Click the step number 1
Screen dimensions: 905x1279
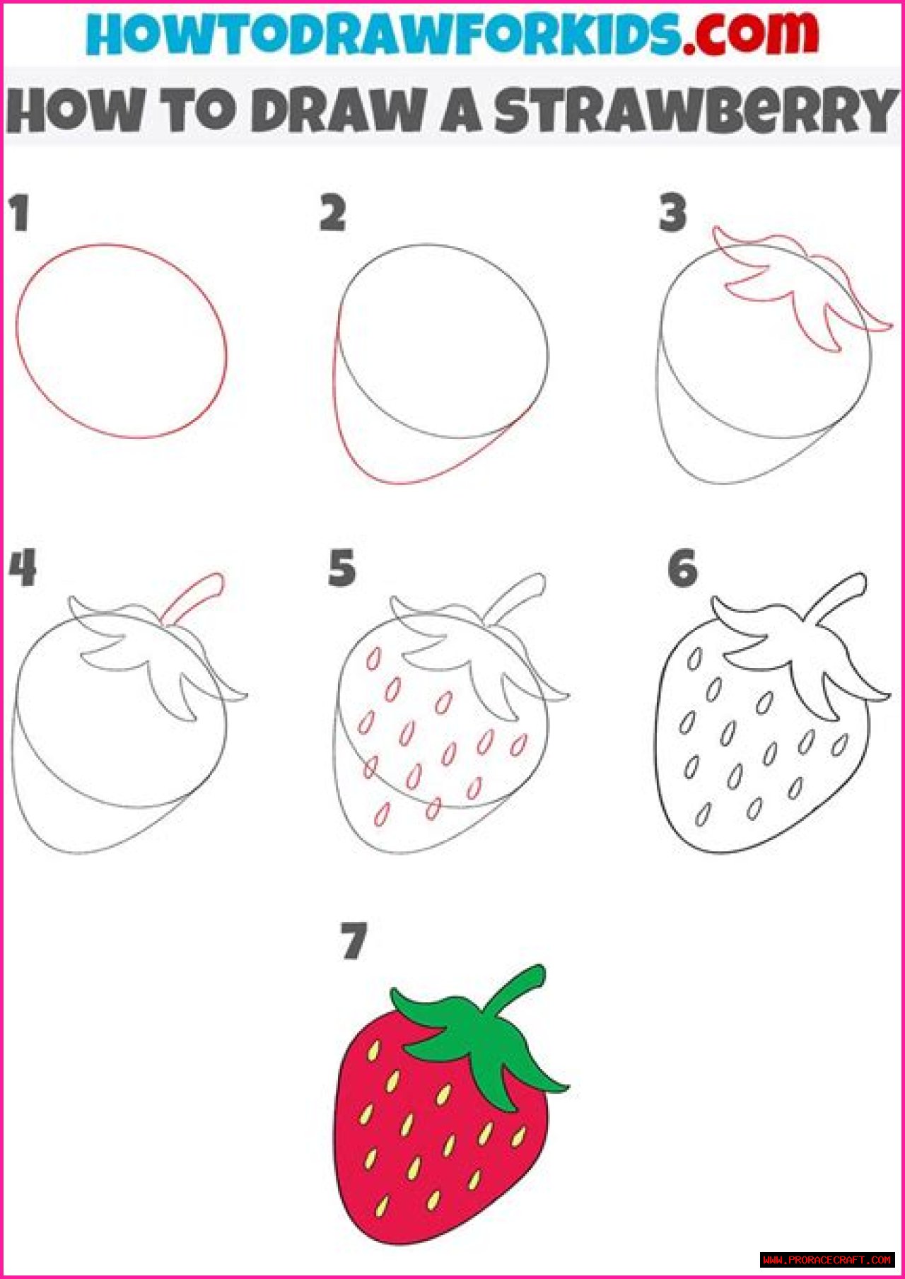point(20,214)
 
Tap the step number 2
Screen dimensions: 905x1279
point(332,214)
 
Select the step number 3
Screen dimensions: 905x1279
point(672,214)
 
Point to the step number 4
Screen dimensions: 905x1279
point(23,569)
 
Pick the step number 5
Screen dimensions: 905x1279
point(342,569)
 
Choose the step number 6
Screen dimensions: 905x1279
point(682,569)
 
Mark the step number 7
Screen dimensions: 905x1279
point(354,941)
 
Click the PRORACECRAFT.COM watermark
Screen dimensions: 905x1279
point(828,1259)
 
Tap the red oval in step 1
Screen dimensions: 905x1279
point(122,341)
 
